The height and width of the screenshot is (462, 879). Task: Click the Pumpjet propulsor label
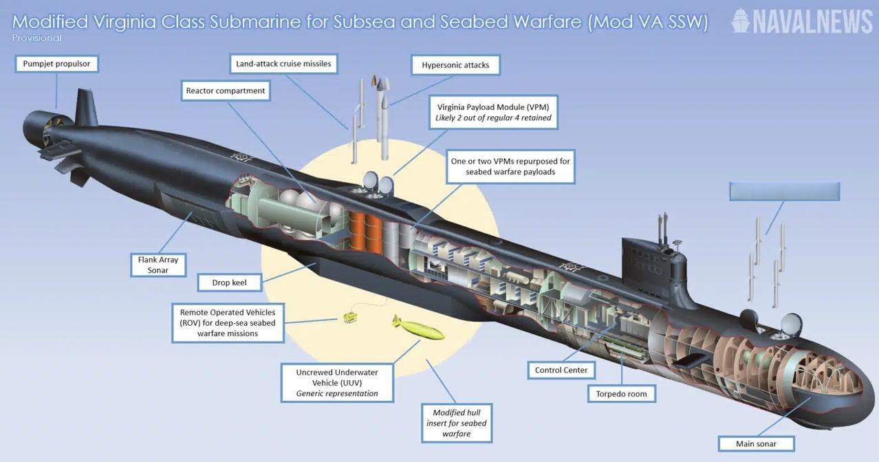pyautogui.click(x=56, y=63)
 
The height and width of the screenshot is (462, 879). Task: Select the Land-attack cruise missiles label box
pyautogui.click(x=283, y=63)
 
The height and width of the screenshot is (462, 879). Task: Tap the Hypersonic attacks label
pyautogui.click(x=455, y=65)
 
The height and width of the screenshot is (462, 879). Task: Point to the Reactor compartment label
pyautogui.click(x=226, y=91)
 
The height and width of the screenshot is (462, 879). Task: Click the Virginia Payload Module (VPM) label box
pyautogui.click(x=493, y=112)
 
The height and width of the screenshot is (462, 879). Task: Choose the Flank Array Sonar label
pyautogui.click(x=158, y=265)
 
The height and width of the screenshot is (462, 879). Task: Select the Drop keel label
pyautogui.click(x=230, y=283)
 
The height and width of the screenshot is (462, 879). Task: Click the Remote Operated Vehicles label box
pyautogui.click(x=228, y=322)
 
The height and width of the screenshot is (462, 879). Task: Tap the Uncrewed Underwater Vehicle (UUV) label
pyautogui.click(x=337, y=383)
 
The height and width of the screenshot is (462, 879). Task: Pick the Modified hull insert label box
pyautogui.click(x=457, y=423)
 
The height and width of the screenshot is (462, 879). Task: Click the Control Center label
pyautogui.click(x=561, y=370)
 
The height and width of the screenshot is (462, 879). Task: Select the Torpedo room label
pyautogui.click(x=621, y=394)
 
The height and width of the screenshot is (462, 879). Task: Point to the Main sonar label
pyautogui.click(x=756, y=443)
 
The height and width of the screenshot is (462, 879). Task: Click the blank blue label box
pyautogui.click(x=785, y=191)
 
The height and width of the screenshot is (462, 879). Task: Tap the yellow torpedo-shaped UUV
pyautogui.click(x=418, y=327)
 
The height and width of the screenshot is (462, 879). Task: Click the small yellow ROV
pyautogui.click(x=349, y=317)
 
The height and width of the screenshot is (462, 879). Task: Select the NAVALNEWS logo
pyautogui.click(x=802, y=21)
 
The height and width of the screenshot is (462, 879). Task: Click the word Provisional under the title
pyautogui.click(x=36, y=38)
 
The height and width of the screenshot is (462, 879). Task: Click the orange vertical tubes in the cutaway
pyautogui.click(x=365, y=233)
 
